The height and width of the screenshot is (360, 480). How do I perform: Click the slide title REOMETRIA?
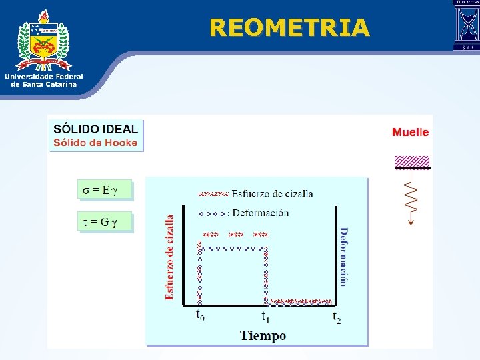coord(289,27)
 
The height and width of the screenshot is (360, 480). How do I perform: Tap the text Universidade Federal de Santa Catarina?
coord(44,80)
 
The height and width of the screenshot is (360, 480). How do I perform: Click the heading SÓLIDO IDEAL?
coord(96,129)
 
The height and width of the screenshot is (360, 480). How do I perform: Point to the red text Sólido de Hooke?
coord(95,142)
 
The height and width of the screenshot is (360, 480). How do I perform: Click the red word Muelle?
coord(410,132)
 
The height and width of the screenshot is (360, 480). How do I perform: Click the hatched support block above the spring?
coord(412,161)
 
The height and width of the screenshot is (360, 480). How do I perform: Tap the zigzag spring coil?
coord(411,197)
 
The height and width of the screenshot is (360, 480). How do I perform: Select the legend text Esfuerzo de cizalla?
coord(272,194)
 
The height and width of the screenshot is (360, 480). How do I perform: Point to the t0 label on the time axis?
coord(200,314)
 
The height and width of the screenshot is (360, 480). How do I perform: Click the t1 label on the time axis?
coord(265,316)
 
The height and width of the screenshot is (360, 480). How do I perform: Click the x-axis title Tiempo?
coord(263,335)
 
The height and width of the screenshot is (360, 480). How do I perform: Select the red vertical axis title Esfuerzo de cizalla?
coord(169,257)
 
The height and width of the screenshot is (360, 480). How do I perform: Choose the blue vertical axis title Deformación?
coord(343,257)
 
